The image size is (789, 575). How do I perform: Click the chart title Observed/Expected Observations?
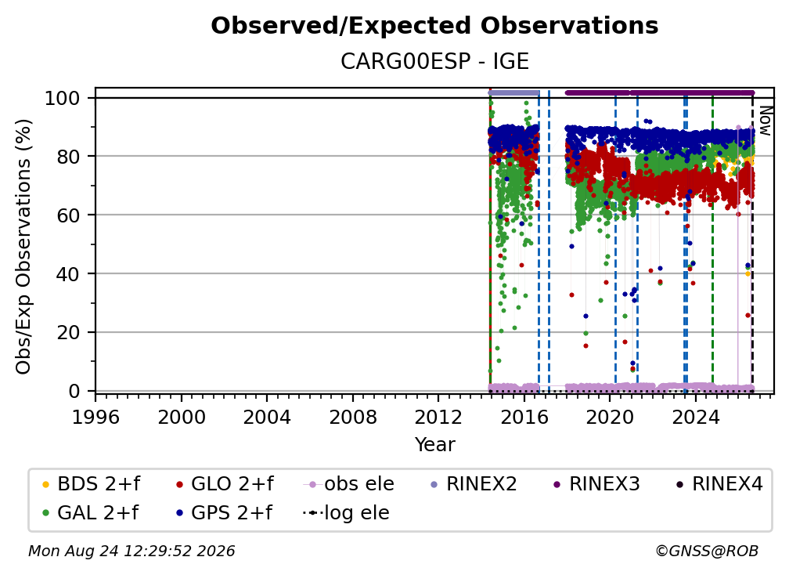pos(434,26)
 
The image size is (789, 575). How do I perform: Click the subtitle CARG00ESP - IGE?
pos(434,62)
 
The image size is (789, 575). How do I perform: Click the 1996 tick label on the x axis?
pos(95,418)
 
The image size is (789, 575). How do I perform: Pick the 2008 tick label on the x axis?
pos(353,418)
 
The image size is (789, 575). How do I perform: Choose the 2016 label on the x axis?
pos(524,418)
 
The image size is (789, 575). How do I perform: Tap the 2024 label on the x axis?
pos(695,418)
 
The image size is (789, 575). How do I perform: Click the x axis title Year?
pos(434,445)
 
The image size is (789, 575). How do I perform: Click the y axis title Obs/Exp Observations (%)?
pos(23,247)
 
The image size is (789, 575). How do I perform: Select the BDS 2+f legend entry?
pos(91,484)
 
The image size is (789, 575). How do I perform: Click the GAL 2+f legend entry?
pos(91,513)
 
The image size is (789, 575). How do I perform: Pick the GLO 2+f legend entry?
pos(225,484)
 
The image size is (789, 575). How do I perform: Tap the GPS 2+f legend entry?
pos(224,513)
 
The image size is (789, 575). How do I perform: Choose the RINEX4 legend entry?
pos(719,484)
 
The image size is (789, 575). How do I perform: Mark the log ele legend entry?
pos(346,513)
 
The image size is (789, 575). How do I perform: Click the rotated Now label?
pos(765,121)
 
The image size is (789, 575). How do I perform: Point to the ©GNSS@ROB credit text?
pos(707,551)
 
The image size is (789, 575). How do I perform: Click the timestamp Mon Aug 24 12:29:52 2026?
pos(131,551)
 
